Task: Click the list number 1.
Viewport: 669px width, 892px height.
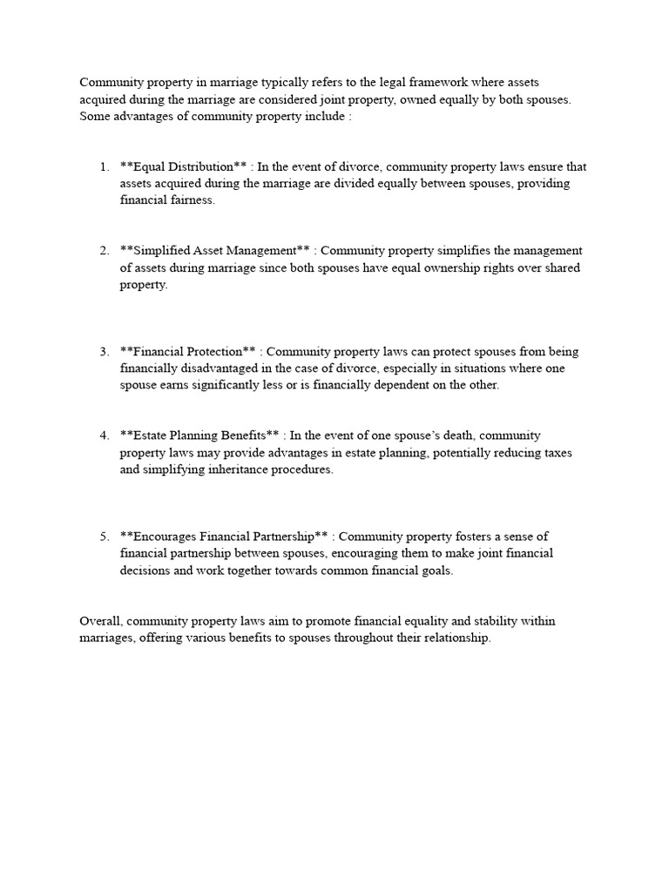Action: coord(104,166)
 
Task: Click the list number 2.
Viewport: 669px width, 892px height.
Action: coord(104,251)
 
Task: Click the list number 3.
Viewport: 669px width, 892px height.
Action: coord(104,352)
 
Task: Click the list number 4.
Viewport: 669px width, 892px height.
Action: coord(104,436)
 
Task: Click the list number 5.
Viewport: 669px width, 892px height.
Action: coord(104,537)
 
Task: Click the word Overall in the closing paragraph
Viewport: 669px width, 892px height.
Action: coord(102,621)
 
